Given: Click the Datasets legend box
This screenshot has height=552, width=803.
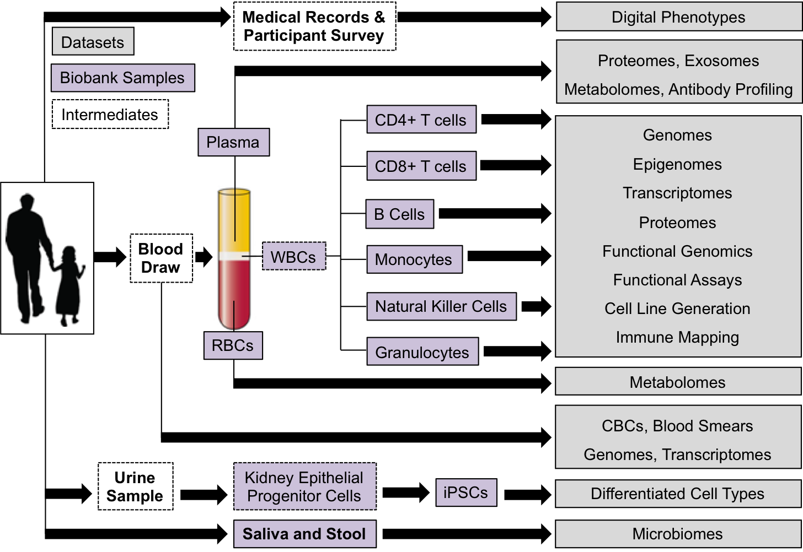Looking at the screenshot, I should pyautogui.click(x=93, y=42).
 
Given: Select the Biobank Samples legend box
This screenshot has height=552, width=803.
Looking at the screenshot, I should pyautogui.click(x=122, y=78).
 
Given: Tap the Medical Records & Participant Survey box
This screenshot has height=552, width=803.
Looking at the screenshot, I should pyautogui.click(x=314, y=26).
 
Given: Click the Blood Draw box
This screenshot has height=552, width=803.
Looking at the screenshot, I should pyautogui.click(x=161, y=258).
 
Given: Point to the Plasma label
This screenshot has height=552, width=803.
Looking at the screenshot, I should pyautogui.click(x=233, y=142).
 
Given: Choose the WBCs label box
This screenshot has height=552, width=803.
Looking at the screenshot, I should pyautogui.click(x=293, y=257).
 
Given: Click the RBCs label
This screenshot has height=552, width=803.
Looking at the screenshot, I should pyautogui.click(x=233, y=345).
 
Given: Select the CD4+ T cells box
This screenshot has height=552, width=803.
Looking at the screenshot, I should pyautogui.click(x=421, y=120).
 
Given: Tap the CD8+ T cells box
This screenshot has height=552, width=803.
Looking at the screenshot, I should pyautogui.click(x=421, y=166).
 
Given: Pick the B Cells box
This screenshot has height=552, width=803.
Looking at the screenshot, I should pyautogui.click(x=399, y=214).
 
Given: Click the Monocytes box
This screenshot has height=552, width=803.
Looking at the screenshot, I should pyautogui.click(x=414, y=259).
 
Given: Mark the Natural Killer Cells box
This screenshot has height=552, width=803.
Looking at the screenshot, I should pyautogui.click(x=441, y=306).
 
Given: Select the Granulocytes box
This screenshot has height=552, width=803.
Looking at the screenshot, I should pyautogui.click(x=422, y=352).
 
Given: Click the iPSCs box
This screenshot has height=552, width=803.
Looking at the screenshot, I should pyautogui.click(x=466, y=493).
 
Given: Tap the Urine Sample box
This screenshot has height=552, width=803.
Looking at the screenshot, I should pyautogui.click(x=135, y=486).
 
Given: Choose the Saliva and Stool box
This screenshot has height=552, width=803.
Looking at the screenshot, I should pyautogui.click(x=304, y=534).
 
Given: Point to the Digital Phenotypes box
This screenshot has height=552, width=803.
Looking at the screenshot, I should pyautogui.click(x=678, y=17).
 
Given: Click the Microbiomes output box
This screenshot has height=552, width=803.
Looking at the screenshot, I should pyautogui.click(x=677, y=534).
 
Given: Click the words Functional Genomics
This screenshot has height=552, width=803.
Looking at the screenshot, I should pyautogui.click(x=677, y=251).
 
